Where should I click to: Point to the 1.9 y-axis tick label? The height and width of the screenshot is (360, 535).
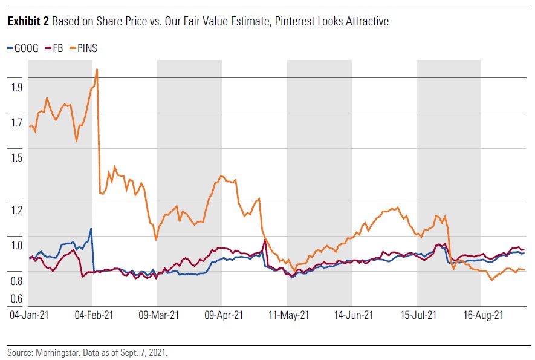coord(16,87)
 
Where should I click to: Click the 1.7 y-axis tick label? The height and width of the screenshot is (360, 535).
coord(16,123)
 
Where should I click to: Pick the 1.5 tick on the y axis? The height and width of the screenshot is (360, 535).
coord(16,157)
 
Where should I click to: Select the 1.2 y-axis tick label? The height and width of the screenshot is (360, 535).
coord(16,210)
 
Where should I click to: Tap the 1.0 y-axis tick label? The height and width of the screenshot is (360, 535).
coord(16,245)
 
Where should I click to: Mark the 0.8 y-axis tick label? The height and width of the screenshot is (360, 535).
coord(16,280)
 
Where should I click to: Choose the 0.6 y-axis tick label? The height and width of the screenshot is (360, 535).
coord(16,298)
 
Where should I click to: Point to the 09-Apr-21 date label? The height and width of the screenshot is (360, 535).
coord(224,315)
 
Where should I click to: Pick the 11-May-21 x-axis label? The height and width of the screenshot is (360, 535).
coord(289,315)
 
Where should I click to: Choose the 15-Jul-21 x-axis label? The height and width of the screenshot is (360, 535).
coord(418,315)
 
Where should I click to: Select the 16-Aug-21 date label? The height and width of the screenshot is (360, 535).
coord(484,315)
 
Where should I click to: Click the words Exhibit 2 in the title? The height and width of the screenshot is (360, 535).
coord(28,22)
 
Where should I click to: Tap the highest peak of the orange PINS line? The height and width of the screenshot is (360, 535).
coord(97,69)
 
